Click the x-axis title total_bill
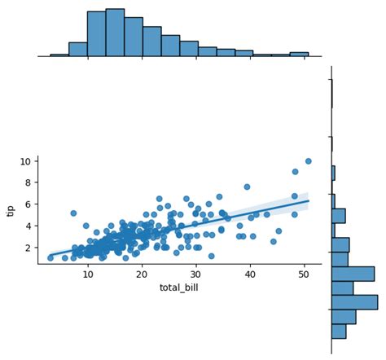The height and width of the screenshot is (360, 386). coord(179,288)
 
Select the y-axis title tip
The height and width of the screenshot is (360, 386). coord(11,210)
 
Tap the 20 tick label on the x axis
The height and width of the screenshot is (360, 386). coord(142,274)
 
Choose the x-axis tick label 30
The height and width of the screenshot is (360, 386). coord(195,274)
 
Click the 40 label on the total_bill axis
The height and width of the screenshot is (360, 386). coord(249,274)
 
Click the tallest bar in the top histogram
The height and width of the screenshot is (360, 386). coord(115,33)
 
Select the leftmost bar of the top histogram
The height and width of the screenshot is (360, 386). coord(59,55)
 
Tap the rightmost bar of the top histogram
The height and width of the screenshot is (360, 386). coord(299,55)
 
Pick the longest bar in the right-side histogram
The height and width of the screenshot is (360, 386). coord(354,302)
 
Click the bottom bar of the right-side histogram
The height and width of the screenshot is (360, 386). coord(339,331)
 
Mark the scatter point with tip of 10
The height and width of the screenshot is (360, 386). coord(309,161)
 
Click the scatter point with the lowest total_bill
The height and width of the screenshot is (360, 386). coord(50,257)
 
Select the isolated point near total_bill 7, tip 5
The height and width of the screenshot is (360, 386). coord(73,213)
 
